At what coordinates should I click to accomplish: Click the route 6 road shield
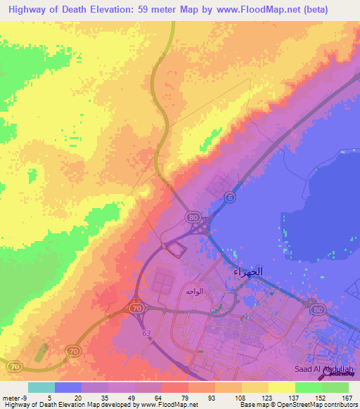pyautogui.click(x=229, y=200)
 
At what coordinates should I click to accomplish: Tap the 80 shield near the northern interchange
pyautogui.click(x=193, y=218)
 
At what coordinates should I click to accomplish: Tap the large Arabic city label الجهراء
pyautogui.click(x=247, y=271)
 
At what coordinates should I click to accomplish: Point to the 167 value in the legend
pyautogui.click(x=345, y=396)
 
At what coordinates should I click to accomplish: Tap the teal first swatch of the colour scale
pyautogui.click(x=41, y=387)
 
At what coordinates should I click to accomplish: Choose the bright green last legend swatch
pyautogui.click(x=335, y=387)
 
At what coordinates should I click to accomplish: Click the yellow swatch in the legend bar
pyautogui.click(x=281, y=387)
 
